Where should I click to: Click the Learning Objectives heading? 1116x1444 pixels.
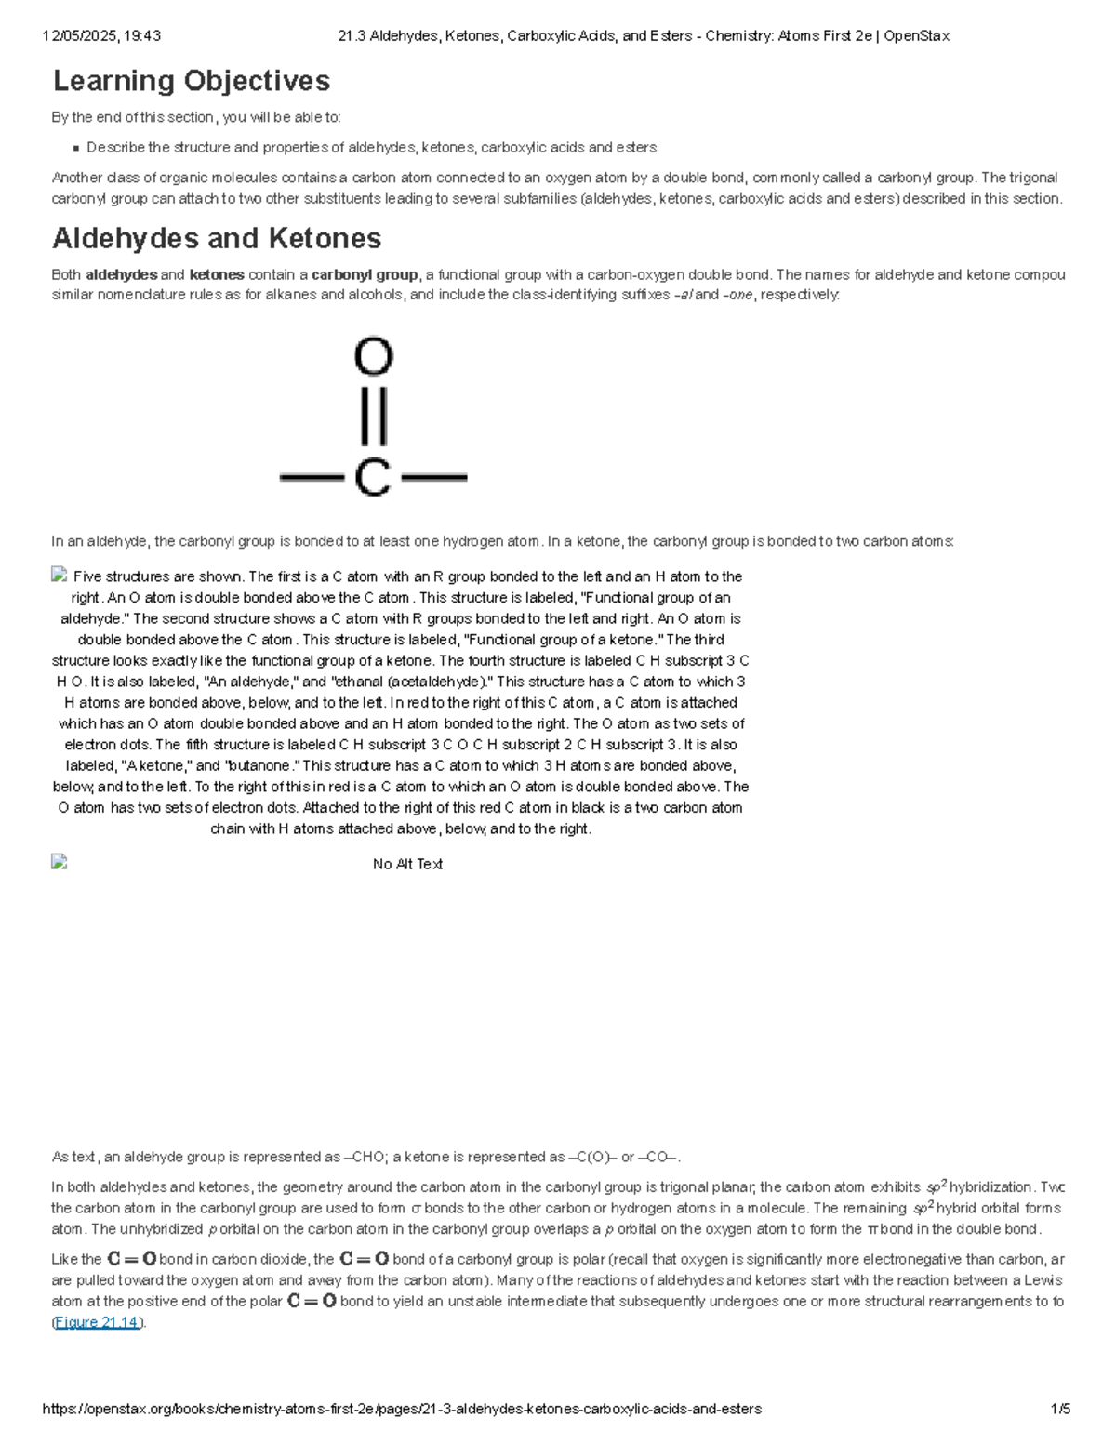pos(191,82)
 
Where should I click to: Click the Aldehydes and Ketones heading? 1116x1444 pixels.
pos(217,239)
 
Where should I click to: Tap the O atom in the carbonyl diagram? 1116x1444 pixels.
pos(374,356)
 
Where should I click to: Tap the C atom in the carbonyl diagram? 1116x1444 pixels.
pos(373,478)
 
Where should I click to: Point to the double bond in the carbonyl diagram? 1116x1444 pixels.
pos(374,416)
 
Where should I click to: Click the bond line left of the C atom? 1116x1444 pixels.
pos(312,478)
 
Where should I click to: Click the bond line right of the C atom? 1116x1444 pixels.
pos(433,478)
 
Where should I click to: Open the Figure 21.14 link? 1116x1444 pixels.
pos(97,1322)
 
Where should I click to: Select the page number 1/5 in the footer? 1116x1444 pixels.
pos(1060,1409)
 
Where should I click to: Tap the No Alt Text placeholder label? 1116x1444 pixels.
pos(407,864)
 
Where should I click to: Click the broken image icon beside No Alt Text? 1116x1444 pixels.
pos(60,862)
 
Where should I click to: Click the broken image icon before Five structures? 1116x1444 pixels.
pos(60,576)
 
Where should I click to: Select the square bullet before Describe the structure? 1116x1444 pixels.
pos(75,148)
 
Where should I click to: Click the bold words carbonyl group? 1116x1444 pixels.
pos(365,274)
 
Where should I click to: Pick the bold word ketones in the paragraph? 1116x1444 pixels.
pos(217,274)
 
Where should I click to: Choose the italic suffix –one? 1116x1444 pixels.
pos(737,295)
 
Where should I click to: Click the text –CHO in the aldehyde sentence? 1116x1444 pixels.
pos(365,1157)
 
